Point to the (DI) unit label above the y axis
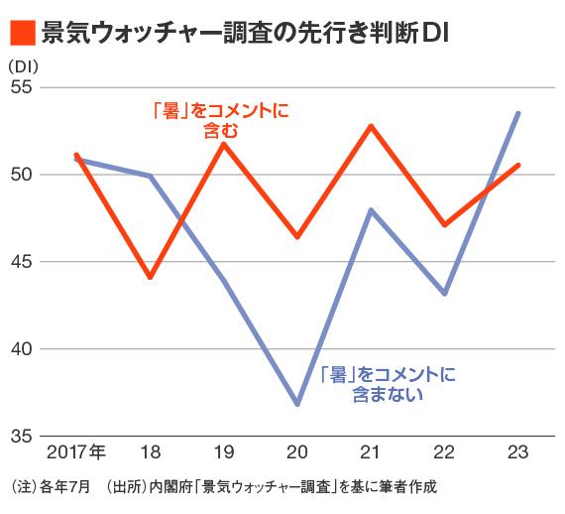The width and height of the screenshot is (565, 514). point(23,65)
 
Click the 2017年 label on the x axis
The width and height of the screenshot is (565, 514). point(76,452)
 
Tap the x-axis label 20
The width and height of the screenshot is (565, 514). point(297,452)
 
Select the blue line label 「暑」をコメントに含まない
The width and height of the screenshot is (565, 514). point(389,384)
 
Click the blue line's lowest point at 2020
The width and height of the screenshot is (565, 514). point(297,404)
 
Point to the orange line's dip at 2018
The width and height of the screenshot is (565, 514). point(150,277)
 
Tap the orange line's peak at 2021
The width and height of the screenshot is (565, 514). point(371,126)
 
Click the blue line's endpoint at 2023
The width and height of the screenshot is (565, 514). point(518,113)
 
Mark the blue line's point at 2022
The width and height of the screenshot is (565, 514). point(444,293)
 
